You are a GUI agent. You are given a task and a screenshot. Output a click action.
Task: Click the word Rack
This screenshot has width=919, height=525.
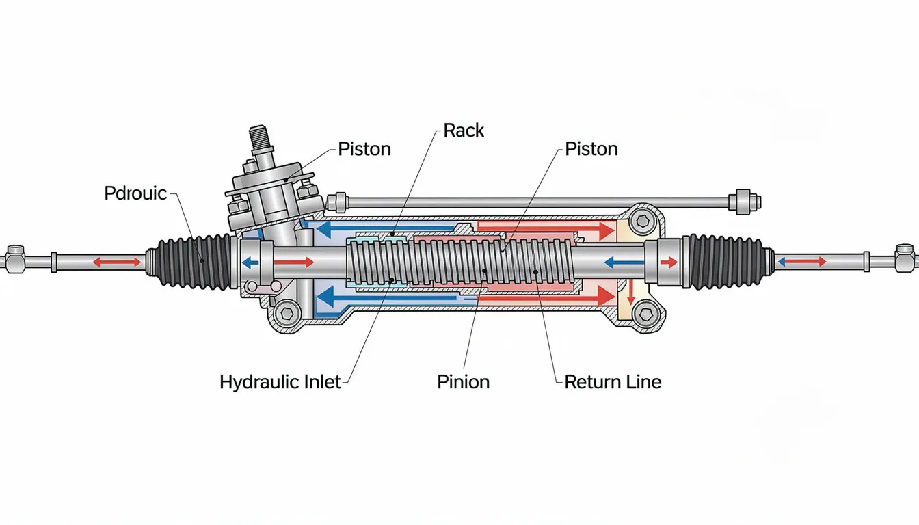[464, 130]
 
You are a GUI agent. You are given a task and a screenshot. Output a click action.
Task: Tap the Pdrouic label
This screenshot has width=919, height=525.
[135, 193]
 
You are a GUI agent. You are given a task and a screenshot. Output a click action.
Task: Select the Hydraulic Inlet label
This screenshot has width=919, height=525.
[280, 381]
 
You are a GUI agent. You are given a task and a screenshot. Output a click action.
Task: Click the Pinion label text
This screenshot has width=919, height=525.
[463, 381]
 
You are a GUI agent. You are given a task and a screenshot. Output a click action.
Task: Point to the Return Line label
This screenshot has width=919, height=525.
[613, 381]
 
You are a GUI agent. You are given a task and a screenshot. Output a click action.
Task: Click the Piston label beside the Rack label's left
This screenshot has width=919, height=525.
[364, 149]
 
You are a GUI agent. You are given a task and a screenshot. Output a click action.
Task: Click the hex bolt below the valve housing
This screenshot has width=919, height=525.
[288, 314]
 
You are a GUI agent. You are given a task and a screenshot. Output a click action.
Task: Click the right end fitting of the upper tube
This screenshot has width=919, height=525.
[744, 201]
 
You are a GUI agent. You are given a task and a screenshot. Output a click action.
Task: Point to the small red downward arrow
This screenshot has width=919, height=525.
[630, 295]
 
